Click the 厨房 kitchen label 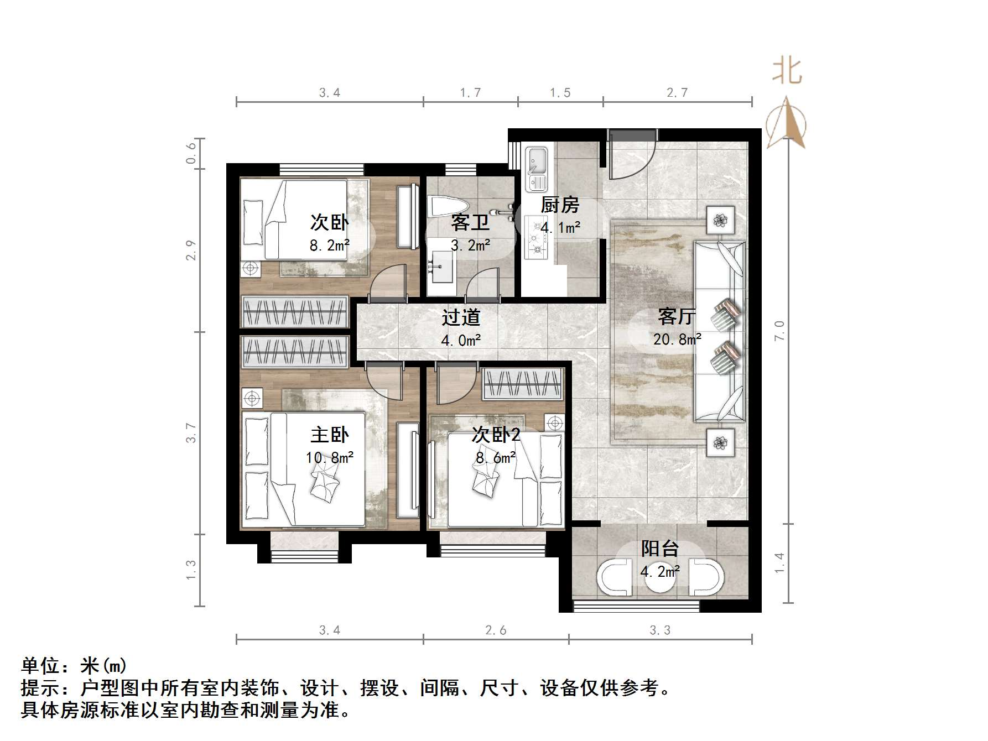(559, 205)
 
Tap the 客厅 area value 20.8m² (677, 339)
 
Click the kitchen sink (535, 166)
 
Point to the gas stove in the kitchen (536, 238)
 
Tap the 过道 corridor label (461, 317)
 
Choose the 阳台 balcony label (659, 548)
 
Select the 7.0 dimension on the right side (779, 331)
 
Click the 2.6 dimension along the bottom (495, 630)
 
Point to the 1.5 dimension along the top (560, 93)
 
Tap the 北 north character (787, 72)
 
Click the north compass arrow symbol (786, 124)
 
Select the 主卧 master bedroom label (329, 435)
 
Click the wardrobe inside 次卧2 (523, 384)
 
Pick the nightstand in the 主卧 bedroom (252, 398)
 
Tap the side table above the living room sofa (720, 221)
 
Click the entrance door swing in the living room (631, 158)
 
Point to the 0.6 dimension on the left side (191, 153)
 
